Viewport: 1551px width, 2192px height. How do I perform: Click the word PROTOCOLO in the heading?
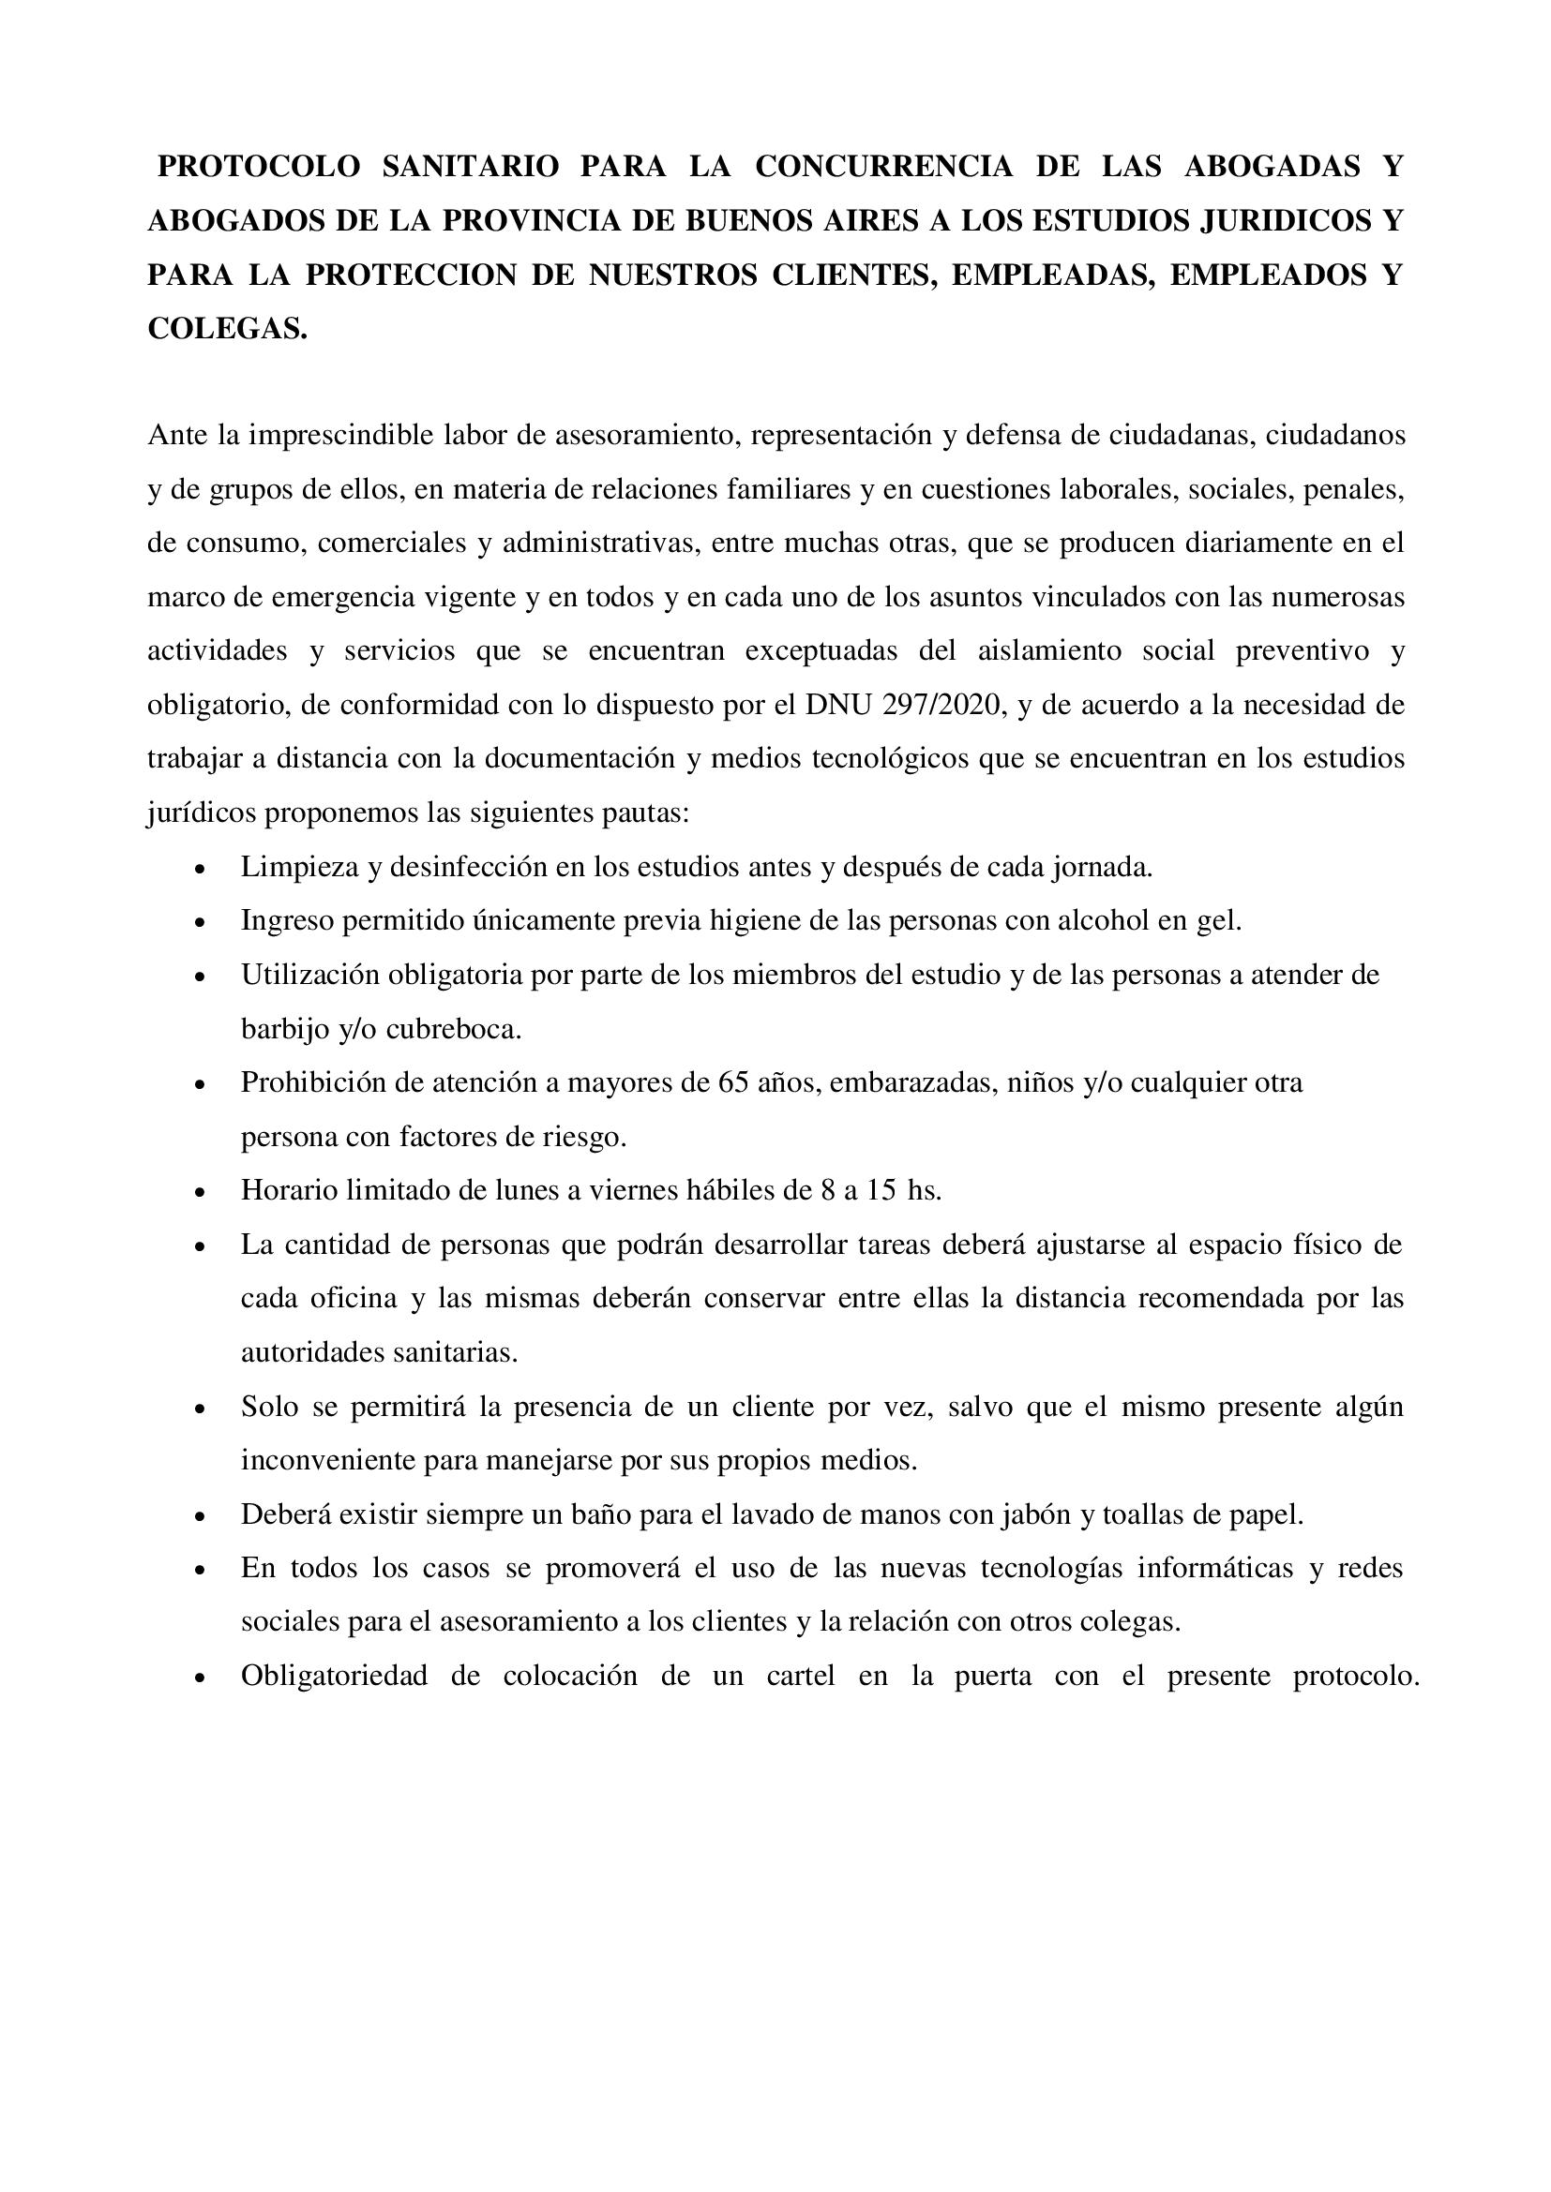pos(259,166)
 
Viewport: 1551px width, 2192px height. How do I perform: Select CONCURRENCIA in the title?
pos(883,166)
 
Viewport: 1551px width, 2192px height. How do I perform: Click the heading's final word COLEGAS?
pos(227,329)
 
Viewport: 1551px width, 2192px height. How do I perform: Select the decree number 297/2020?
pos(944,706)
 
